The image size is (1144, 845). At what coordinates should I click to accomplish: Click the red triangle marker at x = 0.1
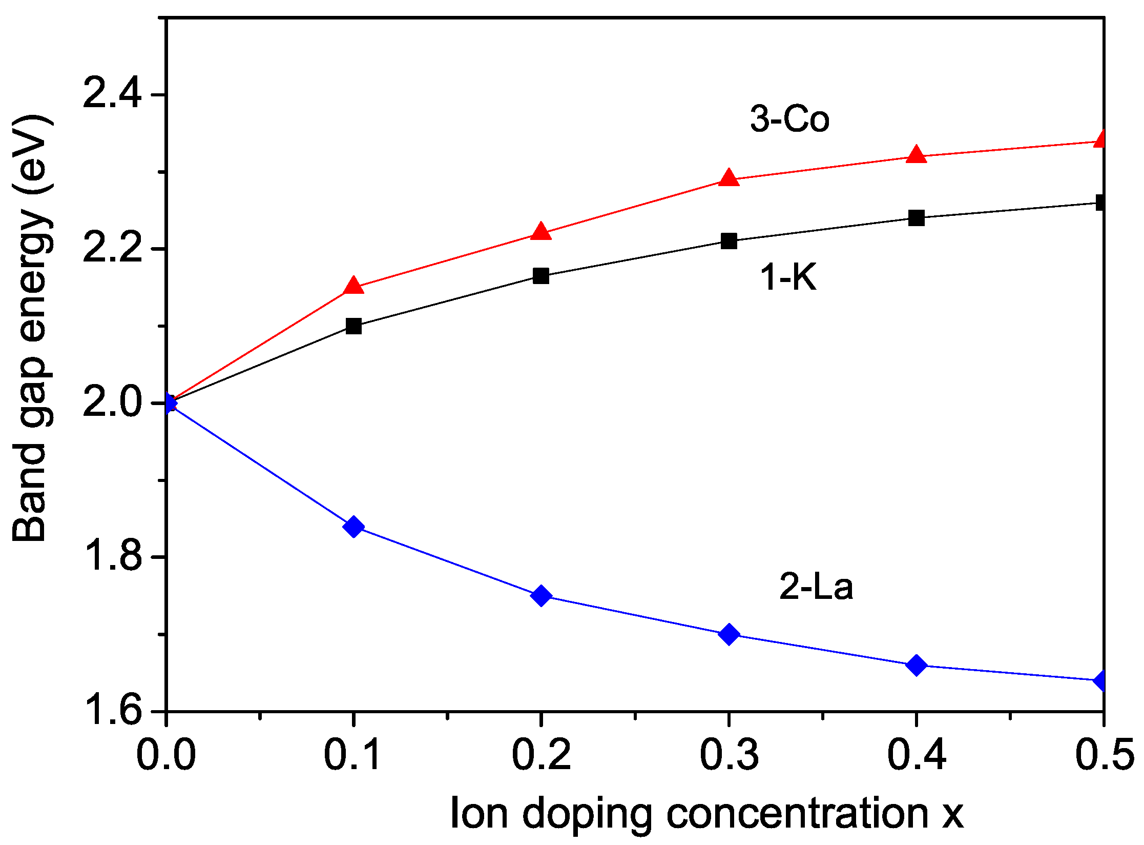(x=353, y=286)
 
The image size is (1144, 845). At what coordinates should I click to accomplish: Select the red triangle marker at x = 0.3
(x=729, y=178)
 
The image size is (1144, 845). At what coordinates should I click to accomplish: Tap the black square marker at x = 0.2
(x=541, y=276)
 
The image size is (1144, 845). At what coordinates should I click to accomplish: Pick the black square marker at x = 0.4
(x=916, y=218)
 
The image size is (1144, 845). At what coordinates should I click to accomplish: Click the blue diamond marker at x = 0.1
(x=353, y=527)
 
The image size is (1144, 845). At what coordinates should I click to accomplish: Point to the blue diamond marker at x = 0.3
(x=729, y=635)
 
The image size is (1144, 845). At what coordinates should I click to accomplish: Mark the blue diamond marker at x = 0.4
(x=916, y=666)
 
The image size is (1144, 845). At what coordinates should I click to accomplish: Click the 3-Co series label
(x=789, y=119)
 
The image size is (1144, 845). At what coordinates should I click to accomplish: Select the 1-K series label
(x=788, y=277)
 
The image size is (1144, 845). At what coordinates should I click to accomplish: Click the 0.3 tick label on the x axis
(x=729, y=755)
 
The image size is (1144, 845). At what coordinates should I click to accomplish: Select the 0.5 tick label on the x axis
(x=1104, y=755)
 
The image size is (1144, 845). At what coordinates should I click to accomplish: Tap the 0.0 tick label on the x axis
(x=166, y=755)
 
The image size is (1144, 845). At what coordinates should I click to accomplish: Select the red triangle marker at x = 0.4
(x=916, y=155)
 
